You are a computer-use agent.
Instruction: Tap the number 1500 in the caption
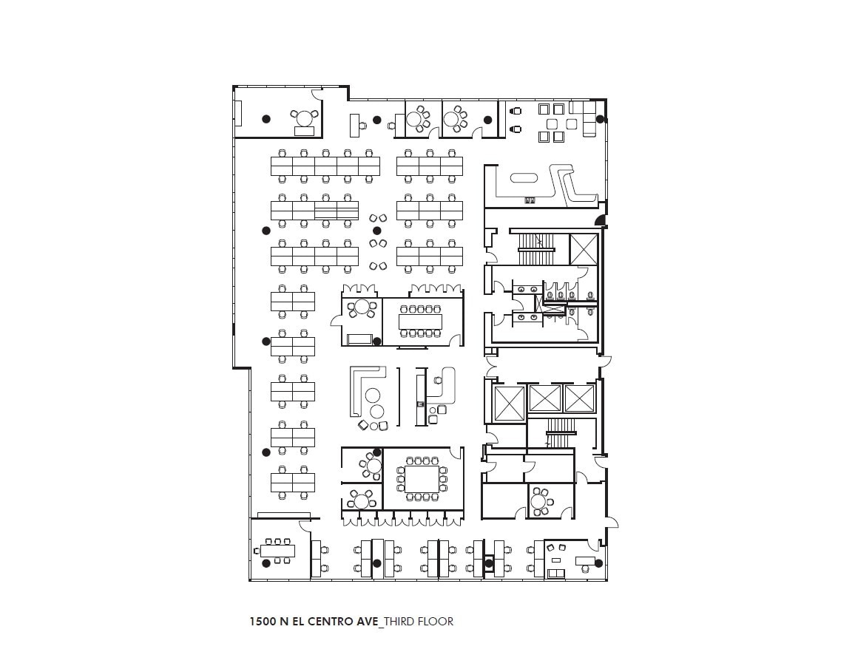click(x=263, y=622)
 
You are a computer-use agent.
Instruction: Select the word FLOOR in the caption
click(x=436, y=622)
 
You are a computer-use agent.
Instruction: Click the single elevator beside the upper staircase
click(x=583, y=248)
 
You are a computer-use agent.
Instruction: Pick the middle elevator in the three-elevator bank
click(x=545, y=398)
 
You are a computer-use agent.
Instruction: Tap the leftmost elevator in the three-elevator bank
click(x=509, y=403)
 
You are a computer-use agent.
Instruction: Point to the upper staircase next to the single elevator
click(x=535, y=249)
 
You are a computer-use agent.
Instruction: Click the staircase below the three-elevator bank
click(x=560, y=433)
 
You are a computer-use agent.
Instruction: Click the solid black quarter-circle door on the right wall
click(x=601, y=220)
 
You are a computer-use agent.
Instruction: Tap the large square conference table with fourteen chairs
click(x=422, y=478)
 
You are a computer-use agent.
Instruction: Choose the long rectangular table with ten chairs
click(x=420, y=322)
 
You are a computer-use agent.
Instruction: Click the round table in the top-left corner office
click(x=304, y=118)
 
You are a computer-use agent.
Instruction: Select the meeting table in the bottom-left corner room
click(x=277, y=551)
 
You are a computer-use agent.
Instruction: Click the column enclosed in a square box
click(x=488, y=564)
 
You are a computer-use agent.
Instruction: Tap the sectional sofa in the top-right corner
click(x=589, y=119)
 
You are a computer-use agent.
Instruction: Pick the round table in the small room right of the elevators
click(x=541, y=501)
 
